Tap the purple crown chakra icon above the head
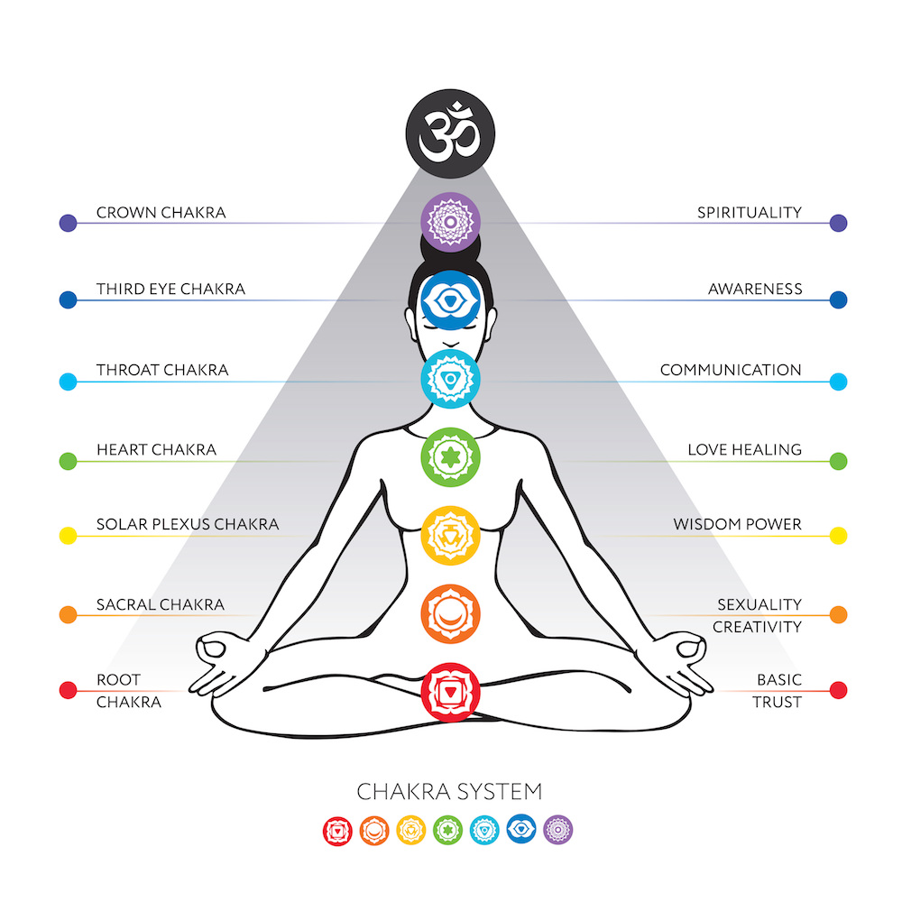[450, 220]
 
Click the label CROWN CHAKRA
[161, 213]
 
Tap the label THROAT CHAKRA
[162, 370]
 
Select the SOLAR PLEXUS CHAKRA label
[188, 524]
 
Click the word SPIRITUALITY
[749, 213]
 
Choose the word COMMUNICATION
[731, 370]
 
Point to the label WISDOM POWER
[737, 524]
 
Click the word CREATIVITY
[757, 626]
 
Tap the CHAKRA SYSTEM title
[450, 792]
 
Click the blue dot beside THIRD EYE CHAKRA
[68, 300]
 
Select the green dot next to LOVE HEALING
[838, 461]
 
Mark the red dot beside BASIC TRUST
[838, 691]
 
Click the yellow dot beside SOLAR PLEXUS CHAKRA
[68, 536]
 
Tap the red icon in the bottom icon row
[336, 829]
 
